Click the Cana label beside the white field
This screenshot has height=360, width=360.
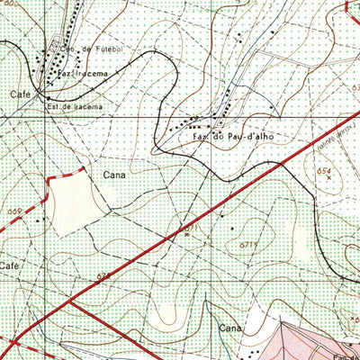click(114, 175)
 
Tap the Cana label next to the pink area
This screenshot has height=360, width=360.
click(230, 330)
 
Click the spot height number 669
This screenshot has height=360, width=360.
click(13, 211)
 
